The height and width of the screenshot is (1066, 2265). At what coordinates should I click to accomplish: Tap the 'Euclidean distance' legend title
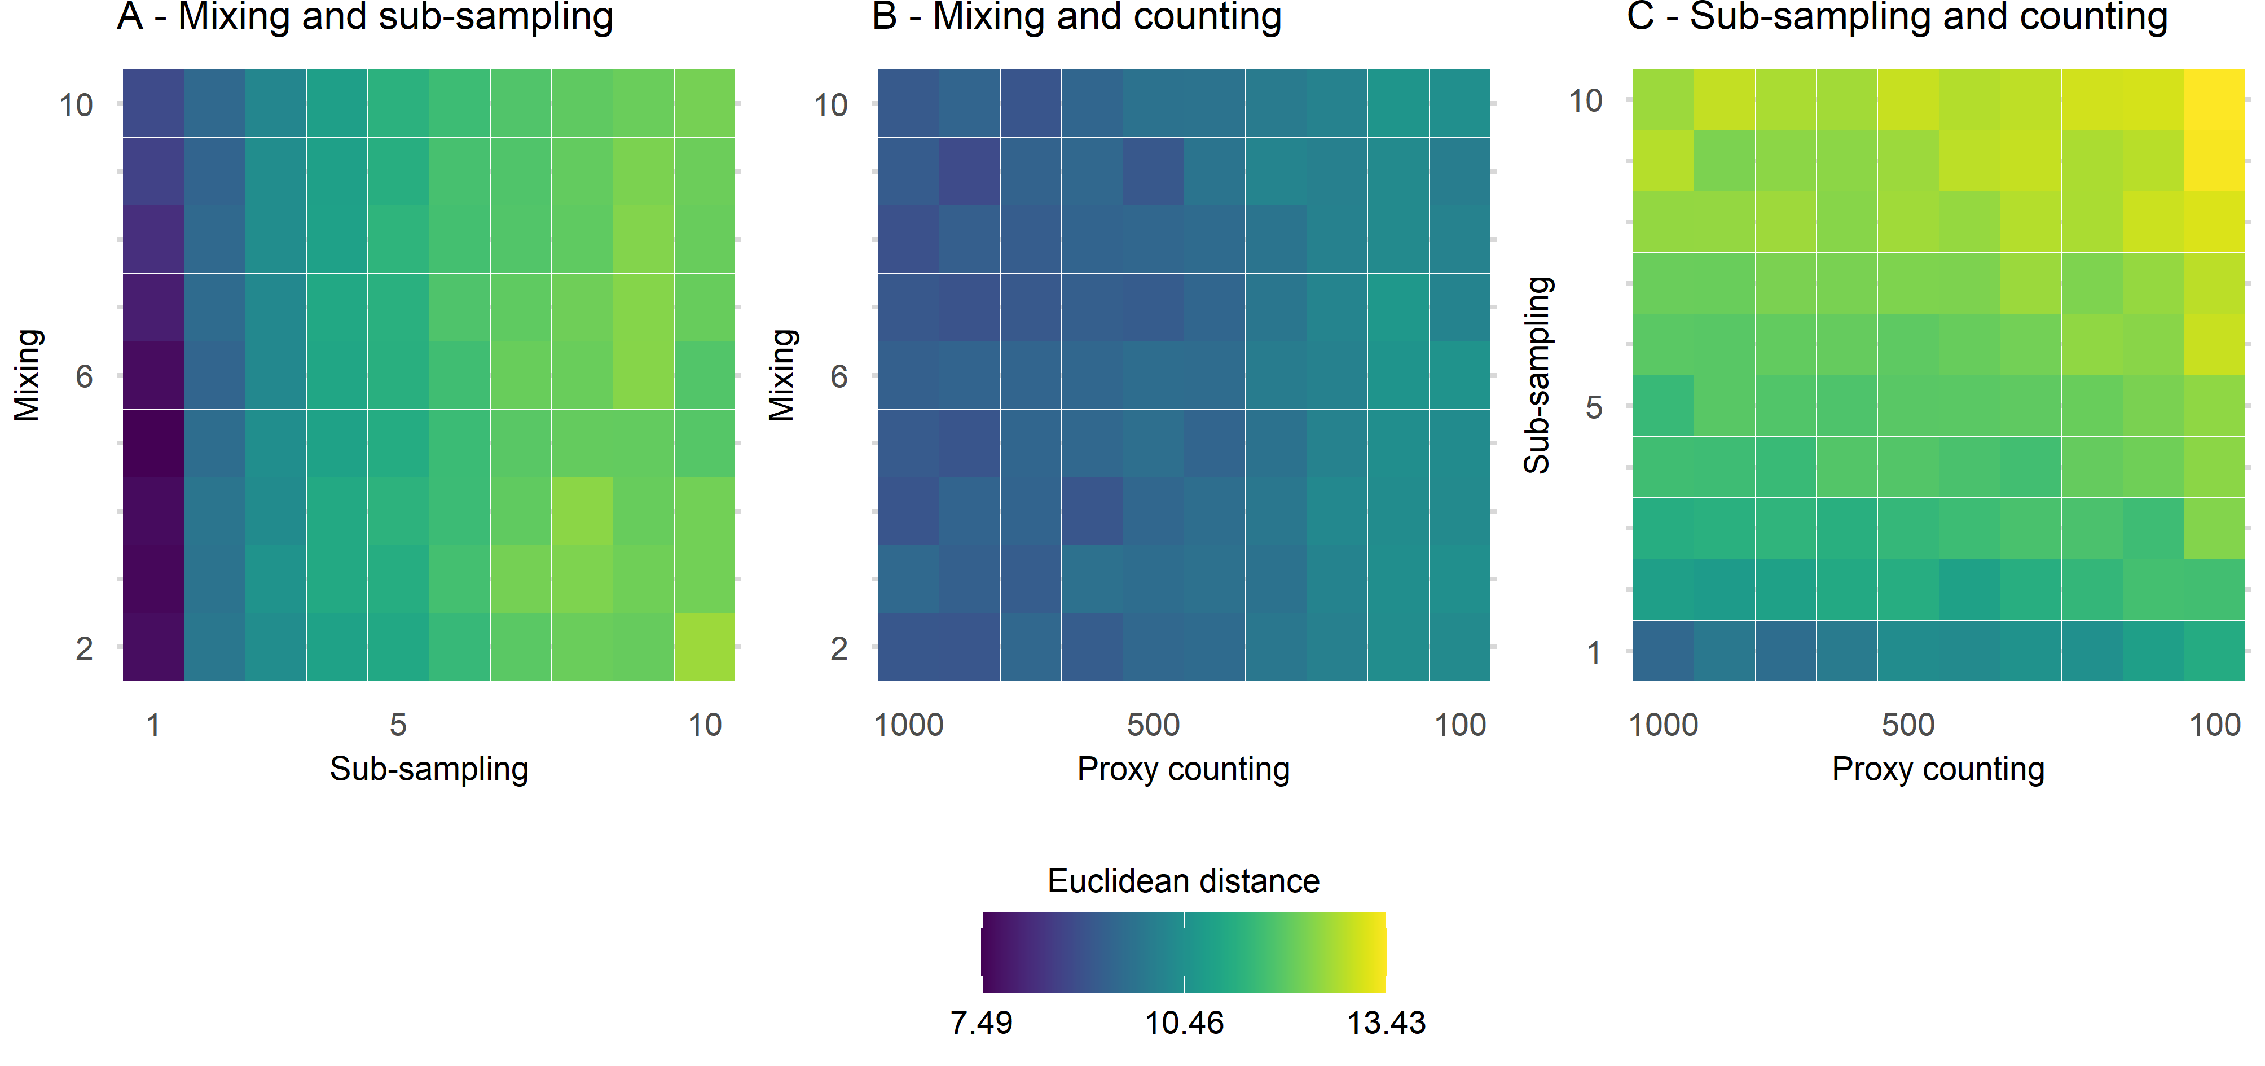1184,880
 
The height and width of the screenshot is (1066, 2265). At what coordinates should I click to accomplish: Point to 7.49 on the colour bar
981,1022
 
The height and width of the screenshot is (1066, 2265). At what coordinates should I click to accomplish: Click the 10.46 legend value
1184,1022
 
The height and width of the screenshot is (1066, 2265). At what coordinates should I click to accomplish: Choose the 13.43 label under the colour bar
1386,1022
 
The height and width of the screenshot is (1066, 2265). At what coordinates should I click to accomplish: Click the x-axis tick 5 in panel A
398,725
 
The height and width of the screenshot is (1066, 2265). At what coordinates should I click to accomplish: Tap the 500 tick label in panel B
1153,725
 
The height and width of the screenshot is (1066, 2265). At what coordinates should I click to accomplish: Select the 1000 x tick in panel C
1663,725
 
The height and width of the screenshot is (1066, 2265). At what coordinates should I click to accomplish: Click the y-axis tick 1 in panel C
1593,652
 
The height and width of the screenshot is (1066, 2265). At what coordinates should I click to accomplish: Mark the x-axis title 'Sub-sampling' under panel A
429,769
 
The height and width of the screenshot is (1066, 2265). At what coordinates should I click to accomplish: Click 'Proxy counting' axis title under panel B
1184,769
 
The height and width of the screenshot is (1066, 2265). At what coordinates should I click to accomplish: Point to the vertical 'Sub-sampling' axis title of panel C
1537,376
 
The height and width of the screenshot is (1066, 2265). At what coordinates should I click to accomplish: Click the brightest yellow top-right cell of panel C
2214,99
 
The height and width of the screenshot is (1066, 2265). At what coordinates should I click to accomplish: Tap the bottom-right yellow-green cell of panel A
704,647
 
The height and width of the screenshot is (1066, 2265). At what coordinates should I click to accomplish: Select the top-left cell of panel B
908,103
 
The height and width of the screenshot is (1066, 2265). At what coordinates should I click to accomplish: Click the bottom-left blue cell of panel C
1663,651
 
